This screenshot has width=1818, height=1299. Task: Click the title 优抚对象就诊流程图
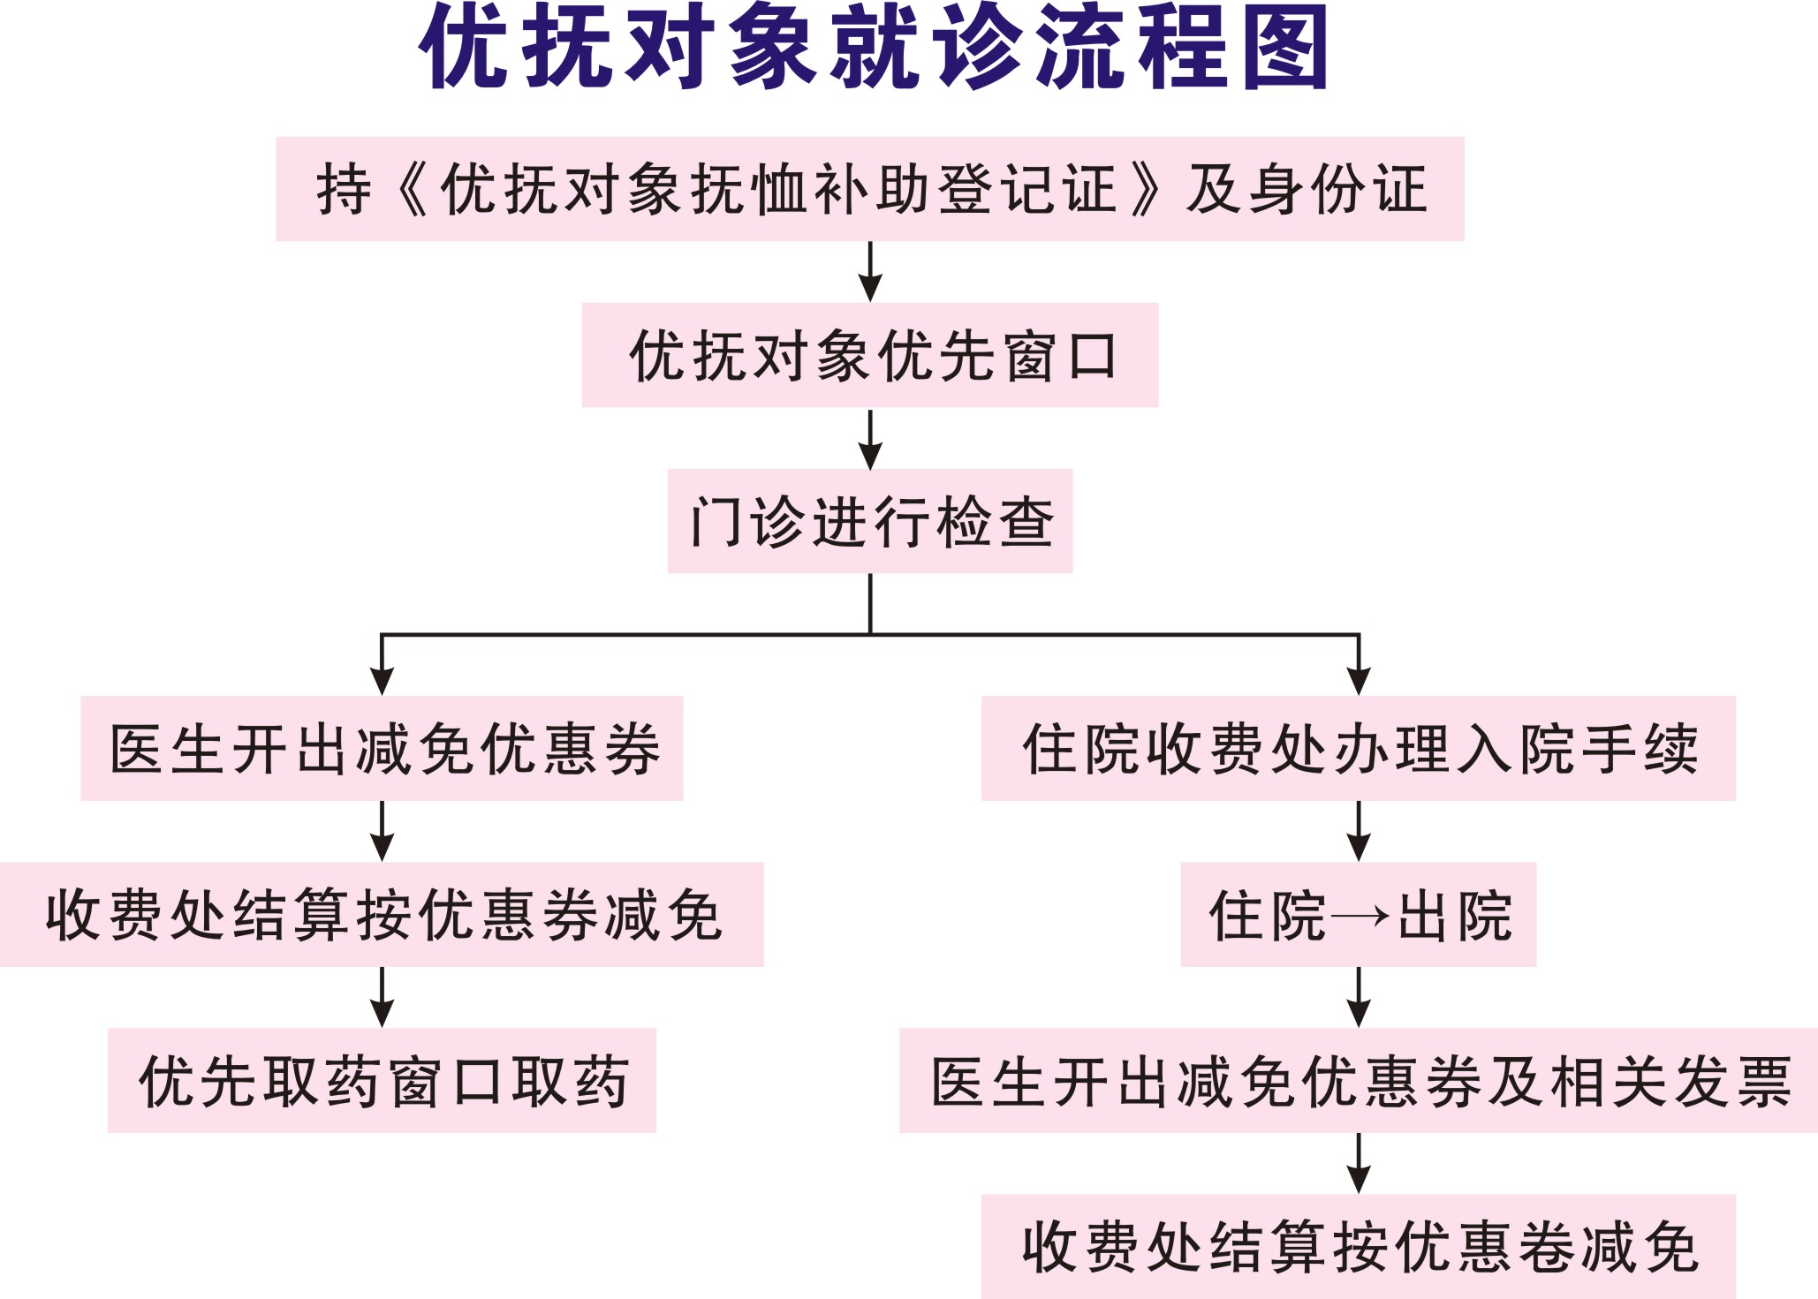coord(875,46)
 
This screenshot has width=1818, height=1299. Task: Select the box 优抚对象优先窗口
coord(870,355)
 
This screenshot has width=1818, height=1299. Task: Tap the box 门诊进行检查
coord(870,521)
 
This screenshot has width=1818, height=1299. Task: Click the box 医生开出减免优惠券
coord(382,748)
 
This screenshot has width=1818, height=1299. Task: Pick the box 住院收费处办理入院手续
coord(1359,748)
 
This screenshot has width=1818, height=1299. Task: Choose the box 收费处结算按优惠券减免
coord(382,914)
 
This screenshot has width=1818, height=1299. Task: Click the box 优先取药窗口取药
coord(382,1080)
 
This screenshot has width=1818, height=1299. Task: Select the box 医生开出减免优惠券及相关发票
coord(1359,1080)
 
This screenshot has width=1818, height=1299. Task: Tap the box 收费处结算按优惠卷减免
coord(1359,1246)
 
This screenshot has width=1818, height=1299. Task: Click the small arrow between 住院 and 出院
coord(1360,916)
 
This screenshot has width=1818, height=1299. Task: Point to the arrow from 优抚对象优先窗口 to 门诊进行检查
coord(870,439)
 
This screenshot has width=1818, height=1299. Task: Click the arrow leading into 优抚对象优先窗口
coord(870,272)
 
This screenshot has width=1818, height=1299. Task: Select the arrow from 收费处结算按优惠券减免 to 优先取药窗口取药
coord(382,997)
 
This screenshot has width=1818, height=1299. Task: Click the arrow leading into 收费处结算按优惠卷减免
coord(1359,1163)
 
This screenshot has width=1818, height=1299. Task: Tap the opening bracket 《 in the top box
coord(412,189)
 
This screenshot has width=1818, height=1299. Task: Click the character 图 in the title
coord(1286,46)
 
